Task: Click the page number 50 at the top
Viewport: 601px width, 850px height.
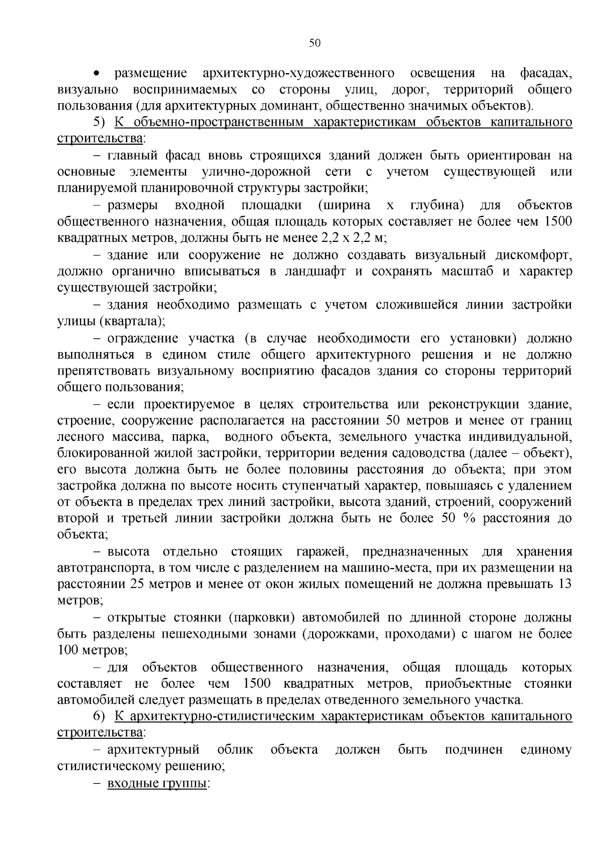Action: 314,43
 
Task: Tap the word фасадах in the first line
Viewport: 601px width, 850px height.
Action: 545,74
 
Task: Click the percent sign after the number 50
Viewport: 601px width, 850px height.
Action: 469,518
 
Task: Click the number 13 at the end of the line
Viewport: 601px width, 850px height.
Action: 564,584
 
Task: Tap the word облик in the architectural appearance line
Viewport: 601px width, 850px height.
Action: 235,750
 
